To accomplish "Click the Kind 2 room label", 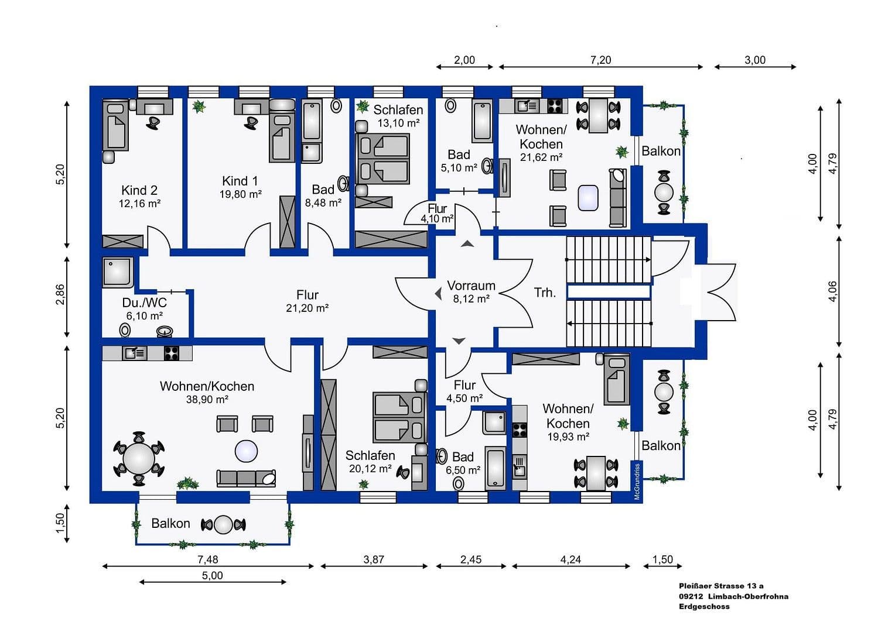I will pyautogui.click(x=139, y=190).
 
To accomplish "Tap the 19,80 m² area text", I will pyautogui.click(x=240, y=194).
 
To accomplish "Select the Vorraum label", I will pyautogui.click(x=471, y=286).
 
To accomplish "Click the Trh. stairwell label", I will pyautogui.click(x=545, y=293).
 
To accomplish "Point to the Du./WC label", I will pyautogui.click(x=144, y=303).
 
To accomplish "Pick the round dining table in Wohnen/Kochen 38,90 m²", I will pyautogui.click(x=139, y=459).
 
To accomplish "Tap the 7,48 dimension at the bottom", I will pyautogui.click(x=207, y=559).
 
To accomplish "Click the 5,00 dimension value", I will pyautogui.click(x=212, y=575).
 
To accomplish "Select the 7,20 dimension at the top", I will pyautogui.click(x=600, y=60).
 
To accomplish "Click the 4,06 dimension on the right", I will pyautogui.click(x=832, y=291).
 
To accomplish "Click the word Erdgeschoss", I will pyautogui.click(x=704, y=607).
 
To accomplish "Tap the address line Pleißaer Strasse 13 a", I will pyautogui.click(x=721, y=586).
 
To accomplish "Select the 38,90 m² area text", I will pyautogui.click(x=207, y=400).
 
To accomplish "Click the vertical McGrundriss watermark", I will pyautogui.click(x=637, y=481).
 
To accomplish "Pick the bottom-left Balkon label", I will pyautogui.click(x=170, y=523).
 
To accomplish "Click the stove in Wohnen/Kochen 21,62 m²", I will pyautogui.click(x=554, y=106).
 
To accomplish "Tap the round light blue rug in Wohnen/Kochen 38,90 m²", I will pyautogui.click(x=246, y=451).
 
